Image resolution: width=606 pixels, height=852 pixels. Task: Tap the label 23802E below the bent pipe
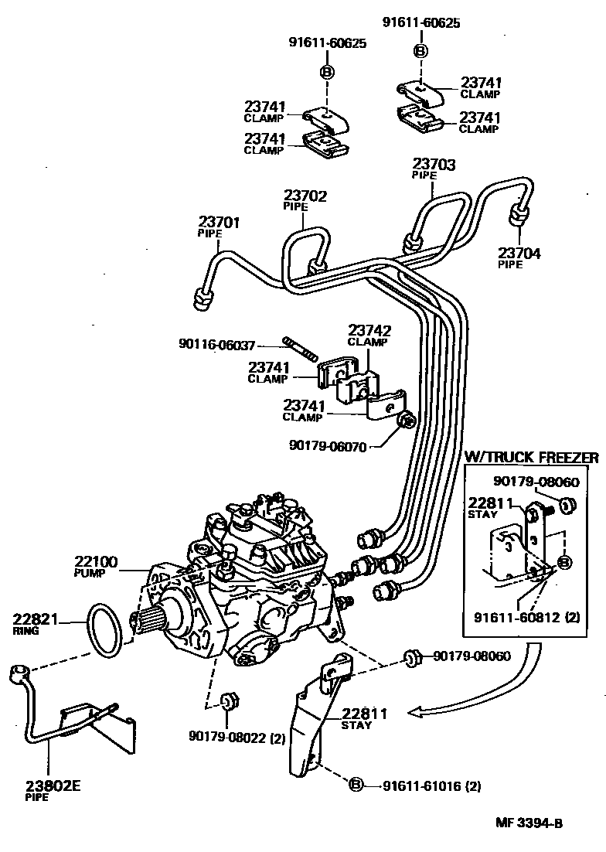click(52, 786)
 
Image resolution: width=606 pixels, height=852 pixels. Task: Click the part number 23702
click(305, 196)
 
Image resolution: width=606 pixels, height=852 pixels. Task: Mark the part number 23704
click(519, 252)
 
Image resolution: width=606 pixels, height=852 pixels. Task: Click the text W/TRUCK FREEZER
click(530, 458)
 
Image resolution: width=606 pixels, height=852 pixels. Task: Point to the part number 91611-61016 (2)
click(431, 786)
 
